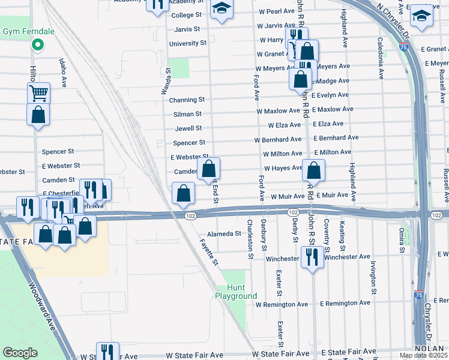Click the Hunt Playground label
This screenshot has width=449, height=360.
[x=237, y=292]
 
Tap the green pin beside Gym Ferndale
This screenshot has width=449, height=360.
[x=37, y=44]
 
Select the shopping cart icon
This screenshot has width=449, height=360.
[x=38, y=93]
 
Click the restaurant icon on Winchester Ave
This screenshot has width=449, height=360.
[x=312, y=258]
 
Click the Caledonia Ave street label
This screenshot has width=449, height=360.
[x=381, y=58]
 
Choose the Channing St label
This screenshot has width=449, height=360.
[x=187, y=99]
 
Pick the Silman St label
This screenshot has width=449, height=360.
[x=188, y=113]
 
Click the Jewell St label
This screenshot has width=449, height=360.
[x=188, y=128]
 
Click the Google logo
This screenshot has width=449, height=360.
[x=20, y=353]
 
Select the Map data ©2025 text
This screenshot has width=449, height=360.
[x=424, y=355]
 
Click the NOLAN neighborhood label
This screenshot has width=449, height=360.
[x=429, y=349]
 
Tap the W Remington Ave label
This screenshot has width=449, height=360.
[x=282, y=304]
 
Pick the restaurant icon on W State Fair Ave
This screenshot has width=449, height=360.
[x=107, y=352]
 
